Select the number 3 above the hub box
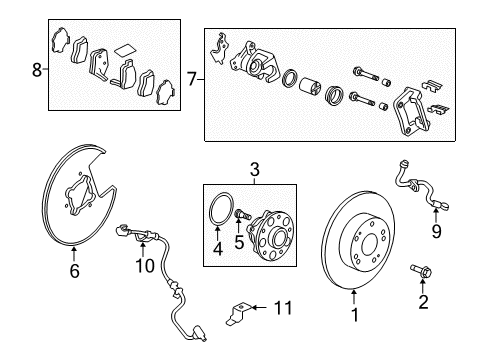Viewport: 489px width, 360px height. click(254, 171)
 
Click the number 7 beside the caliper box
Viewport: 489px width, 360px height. click(193, 77)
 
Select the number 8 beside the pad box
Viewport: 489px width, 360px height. click(37, 71)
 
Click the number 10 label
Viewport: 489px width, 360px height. click(145, 265)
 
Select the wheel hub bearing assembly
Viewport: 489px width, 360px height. click(270, 237)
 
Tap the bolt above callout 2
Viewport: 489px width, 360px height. click(418, 270)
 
